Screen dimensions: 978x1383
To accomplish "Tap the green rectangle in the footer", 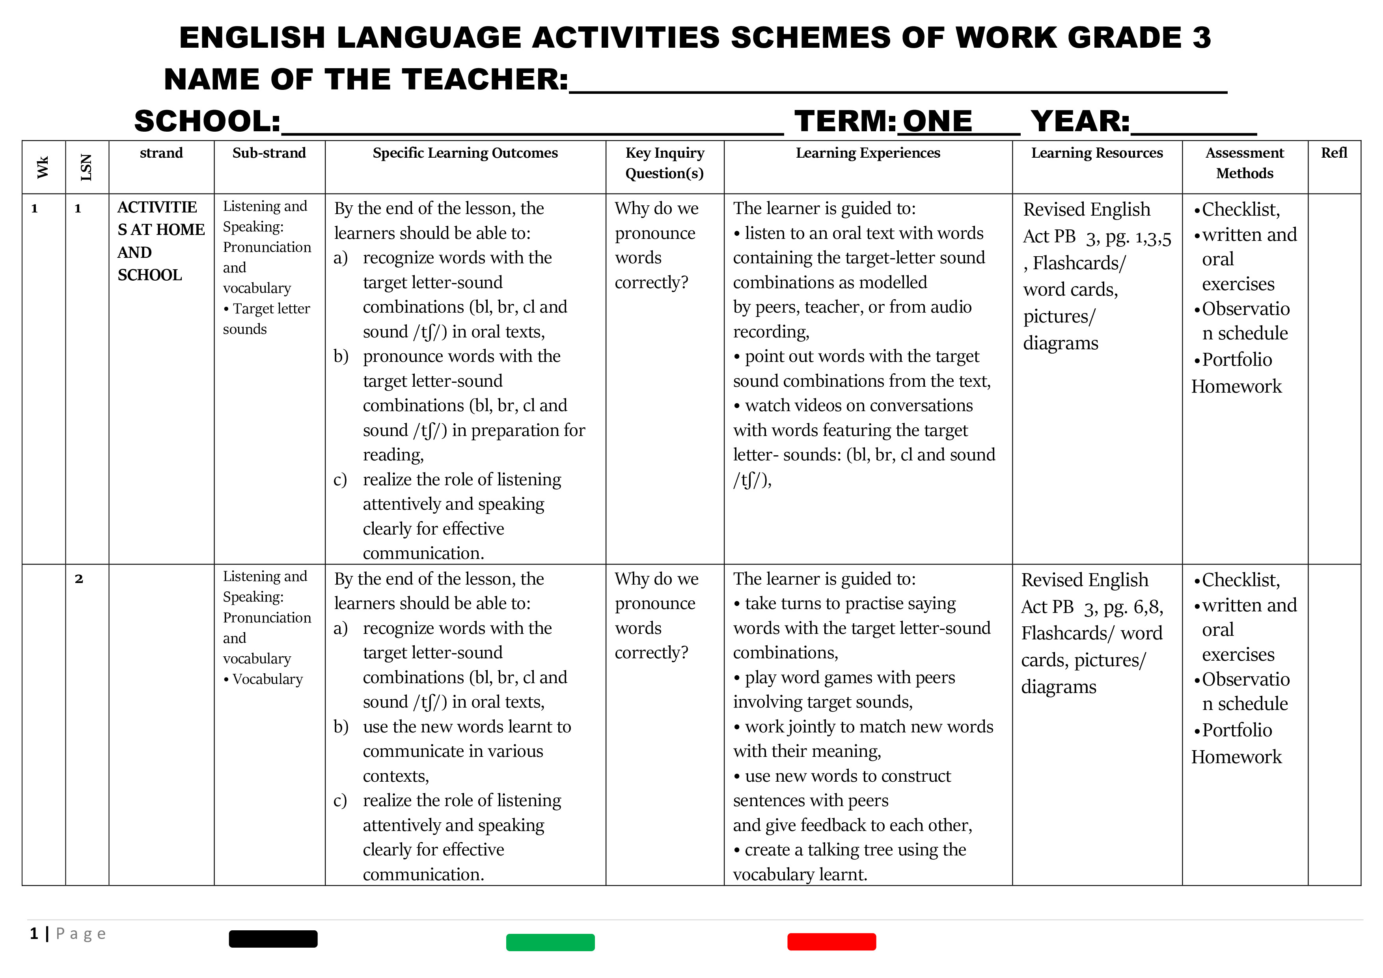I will (x=550, y=943).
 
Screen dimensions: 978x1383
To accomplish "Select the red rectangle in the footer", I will (x=831, y=942).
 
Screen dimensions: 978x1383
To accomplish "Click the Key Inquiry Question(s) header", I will (x=664, y=163).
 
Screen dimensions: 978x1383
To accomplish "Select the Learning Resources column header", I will (x=1096, y=153).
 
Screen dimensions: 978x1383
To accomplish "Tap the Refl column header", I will (x=1334, y=153).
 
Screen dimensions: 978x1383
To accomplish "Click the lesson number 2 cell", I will (x=79, y=579).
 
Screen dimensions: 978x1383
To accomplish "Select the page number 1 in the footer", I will (x=34, y=933).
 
